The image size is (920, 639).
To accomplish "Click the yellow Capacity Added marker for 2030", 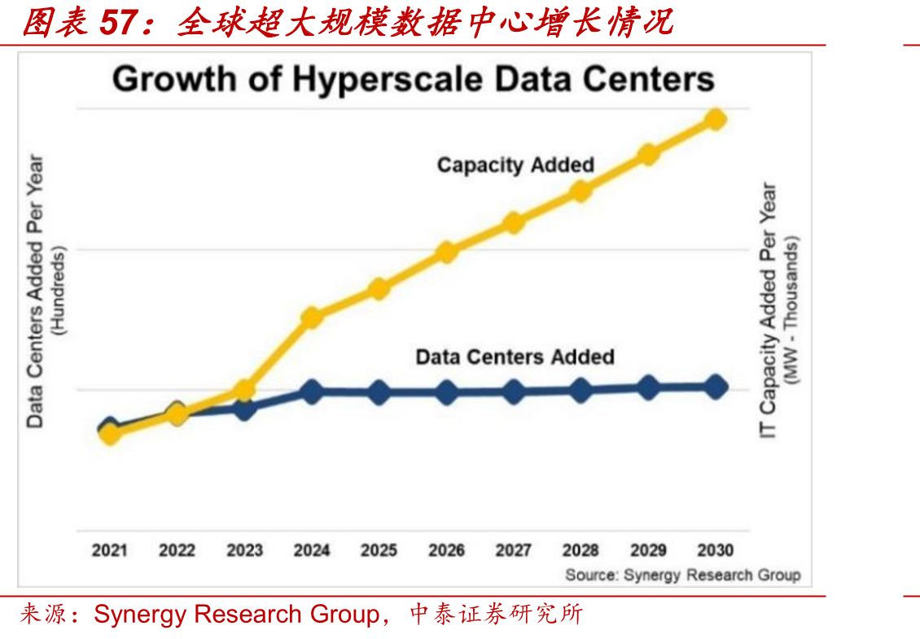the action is pyautogui.click(x=715, y=120).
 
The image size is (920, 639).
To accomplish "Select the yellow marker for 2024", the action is pyautogui.click(x=312, y=318).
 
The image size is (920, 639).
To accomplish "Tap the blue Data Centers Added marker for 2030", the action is pyautogui.click(x=715, y=387).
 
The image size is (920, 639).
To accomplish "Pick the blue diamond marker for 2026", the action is pyautogui.click(x=446, y=392).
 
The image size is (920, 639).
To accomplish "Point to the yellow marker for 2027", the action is pyautogui.click(x=514, y=223).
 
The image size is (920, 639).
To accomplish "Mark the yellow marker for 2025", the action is pyautogui.click(x=379, y=289).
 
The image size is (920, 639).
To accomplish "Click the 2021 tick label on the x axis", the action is pyautogui.click(x=110, y=550).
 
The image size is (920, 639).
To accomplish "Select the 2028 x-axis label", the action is pyautogui.click(x=580, y=550).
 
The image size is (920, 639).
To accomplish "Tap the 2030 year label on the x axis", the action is pyautogui.click(x=715, y=550).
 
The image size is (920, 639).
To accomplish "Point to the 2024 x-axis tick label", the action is pyautogui.click(x=312, y=550).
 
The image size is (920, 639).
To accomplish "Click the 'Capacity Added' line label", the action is pyautogui.click(x=515, y=165).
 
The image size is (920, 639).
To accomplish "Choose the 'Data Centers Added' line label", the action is pyautogui.click(x=515, y=357).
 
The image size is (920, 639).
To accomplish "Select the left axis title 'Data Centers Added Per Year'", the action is pyautogui.click(x=35, y=291).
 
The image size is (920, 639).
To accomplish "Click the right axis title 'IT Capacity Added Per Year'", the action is pyautogui.click(x=768, y=311).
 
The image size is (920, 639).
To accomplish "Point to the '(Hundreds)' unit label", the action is pyautogui.click(x=59, y=291).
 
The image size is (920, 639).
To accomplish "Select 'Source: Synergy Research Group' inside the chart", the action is pyautogui.click(x=683, y=575).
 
